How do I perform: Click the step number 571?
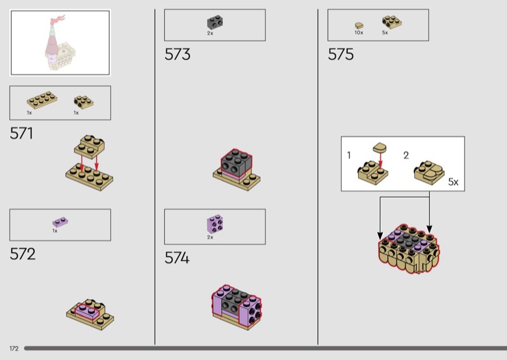tap(22, 133)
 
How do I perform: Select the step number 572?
tap(23, 254)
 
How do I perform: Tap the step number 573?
tap(177, 54)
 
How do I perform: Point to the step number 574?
tap(177, 258)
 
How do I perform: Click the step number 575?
tap(341, 54)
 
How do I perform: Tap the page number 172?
tap(14, 349)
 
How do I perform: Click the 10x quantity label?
tap(359, 33)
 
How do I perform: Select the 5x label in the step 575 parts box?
tap(385, 33)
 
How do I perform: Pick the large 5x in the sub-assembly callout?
tap(453, 182)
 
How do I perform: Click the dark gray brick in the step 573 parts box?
tap(215, 22)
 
